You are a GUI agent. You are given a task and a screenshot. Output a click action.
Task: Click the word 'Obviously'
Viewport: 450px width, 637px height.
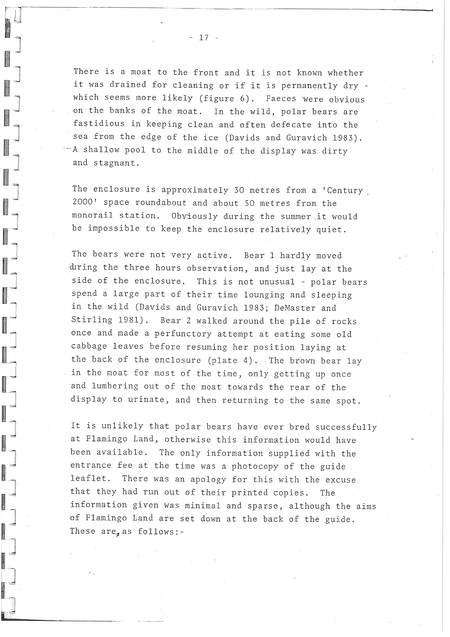click(x=194, y=216)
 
